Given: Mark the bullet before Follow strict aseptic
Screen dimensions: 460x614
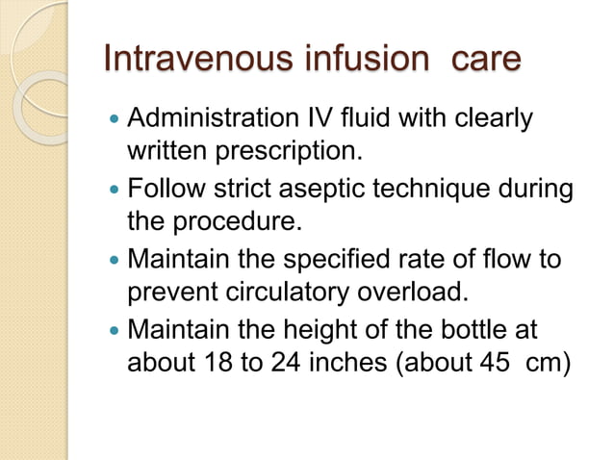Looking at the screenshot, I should point(115,190).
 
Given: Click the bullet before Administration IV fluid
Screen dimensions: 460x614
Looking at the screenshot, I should point(115,121).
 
